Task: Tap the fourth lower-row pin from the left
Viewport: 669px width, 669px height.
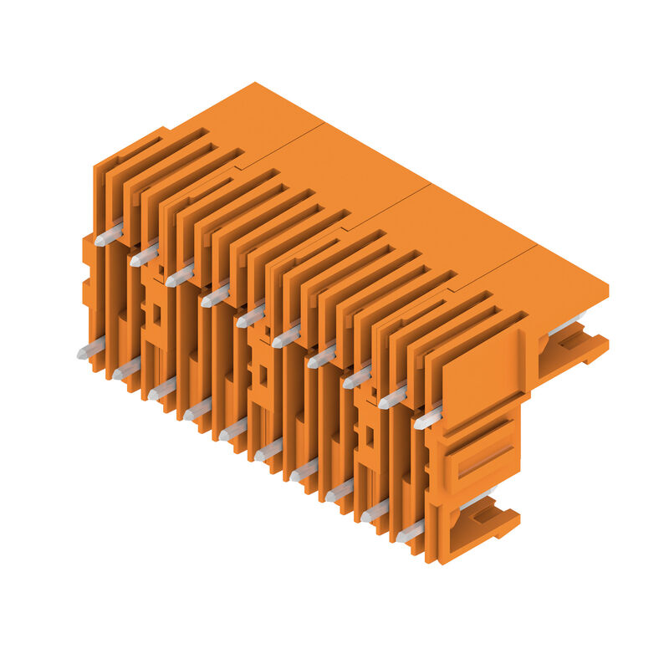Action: click(x=197, y=409)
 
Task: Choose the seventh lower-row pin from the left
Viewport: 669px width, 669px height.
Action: click(x=304, y=469)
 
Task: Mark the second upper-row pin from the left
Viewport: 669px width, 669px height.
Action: click(x=144, y=255)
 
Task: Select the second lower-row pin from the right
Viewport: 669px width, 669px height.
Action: click(x=375, y=510)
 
